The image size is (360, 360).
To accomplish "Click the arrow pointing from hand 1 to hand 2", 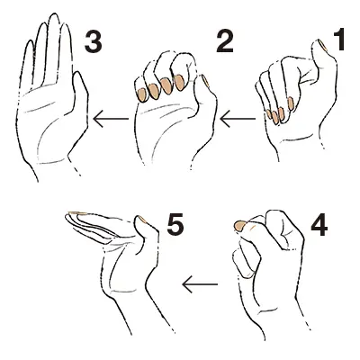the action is pos(238,119).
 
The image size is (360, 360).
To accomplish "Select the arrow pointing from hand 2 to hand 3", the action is pos(111,119).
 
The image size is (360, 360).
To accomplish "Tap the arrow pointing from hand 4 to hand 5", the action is pos(200,284).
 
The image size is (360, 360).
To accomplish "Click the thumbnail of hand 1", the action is pos(322,44).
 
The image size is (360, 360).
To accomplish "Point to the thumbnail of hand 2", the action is pos(205,81).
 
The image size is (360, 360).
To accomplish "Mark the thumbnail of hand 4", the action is pos(239,226).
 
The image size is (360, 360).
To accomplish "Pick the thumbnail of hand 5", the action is pos(142,220).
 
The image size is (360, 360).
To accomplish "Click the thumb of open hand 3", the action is pos(80,99).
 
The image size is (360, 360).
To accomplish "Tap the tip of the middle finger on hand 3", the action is pos(54,16).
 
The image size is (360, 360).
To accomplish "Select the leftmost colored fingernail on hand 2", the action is pos(141,94).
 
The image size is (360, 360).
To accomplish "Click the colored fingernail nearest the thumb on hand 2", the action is pos(179,83).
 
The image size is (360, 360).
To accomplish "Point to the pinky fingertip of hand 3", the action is pos(30,43).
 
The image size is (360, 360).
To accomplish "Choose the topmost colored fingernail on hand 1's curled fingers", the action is pos(290,103).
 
